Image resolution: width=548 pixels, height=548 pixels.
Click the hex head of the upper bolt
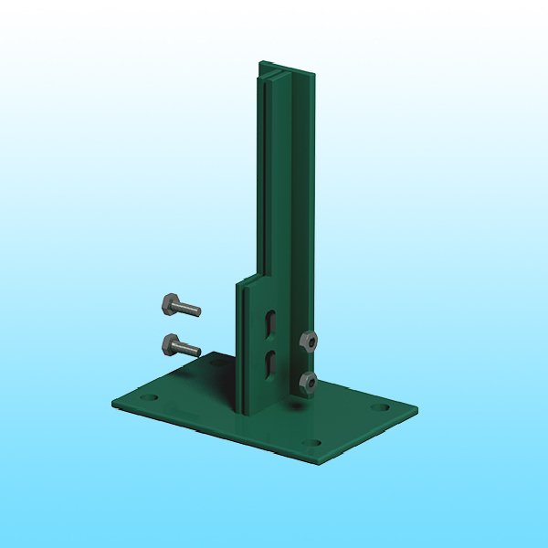pyautogui.click(x=171, y=303)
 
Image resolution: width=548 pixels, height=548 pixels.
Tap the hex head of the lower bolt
pyautogui.click(x=171, y=344)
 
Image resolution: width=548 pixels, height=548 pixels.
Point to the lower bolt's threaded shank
pyautogui.click(x=188, y=350)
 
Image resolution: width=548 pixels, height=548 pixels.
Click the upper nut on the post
pyautogui.click(x=309, y=342)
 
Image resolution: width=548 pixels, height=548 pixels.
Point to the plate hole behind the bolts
pyautogui.click(x=216, y=363)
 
